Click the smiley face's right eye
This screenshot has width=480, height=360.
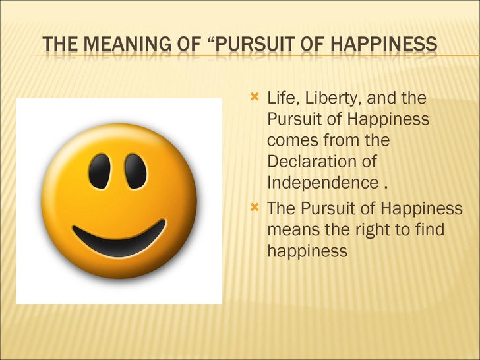136,171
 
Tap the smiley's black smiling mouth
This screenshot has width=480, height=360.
119,239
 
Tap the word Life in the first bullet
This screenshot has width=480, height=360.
282,100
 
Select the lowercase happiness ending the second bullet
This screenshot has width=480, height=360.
307,251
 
